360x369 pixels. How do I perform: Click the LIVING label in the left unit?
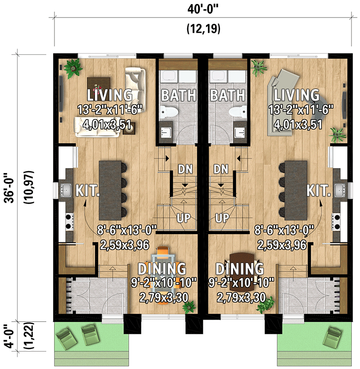tap(110, 95)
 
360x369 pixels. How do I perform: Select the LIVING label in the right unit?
tap(297, 95)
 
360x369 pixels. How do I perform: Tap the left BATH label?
tap(179, 95)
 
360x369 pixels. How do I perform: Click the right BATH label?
tap(227, 95)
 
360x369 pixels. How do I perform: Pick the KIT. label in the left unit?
tap(87, 191)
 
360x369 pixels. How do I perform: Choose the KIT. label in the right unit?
tap(319, 191)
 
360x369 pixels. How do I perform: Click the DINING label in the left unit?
tap(162, 269)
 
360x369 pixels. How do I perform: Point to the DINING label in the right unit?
tap(239, 269)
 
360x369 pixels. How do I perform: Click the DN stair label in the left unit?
tap(185, 169)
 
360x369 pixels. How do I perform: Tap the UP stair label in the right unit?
tap(221, 218)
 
